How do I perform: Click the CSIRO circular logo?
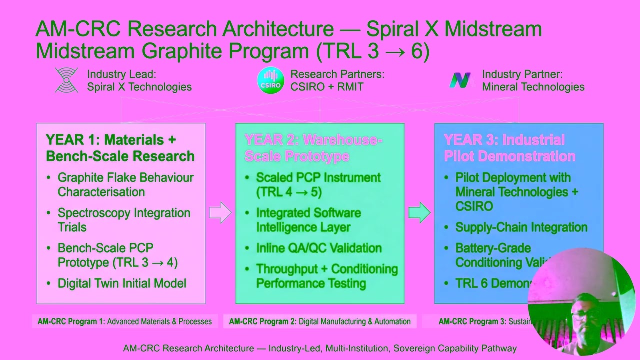pyautogui.click(x=270, y=80)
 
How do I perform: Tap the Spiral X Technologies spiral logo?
pyautogui.click(x=66, y=80)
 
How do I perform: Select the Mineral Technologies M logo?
pyautogui.click(x=460, y=80)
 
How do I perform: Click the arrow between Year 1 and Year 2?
pyautogui.click(x=220, y=212)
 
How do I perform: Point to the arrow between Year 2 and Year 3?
pyautogui.click(x=419, y=212)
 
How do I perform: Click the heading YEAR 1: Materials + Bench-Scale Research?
pyautogui.click(x=120, y=148)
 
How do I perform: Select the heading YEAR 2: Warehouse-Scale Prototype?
pyautogui.click(x=313, y=148)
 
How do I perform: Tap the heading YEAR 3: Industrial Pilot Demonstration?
pyautogui.click(x=509, y=148)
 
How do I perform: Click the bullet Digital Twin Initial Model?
pyautogui.click(x=121, y=283)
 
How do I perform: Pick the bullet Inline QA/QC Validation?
pyautogui.click(x=318, y=248)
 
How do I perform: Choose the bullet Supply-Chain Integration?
pyautogui.click(x=521, y=227)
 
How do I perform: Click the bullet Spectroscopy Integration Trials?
pyautogui.click(x=123, y=220)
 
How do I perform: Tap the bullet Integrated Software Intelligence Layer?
pyautogui.click(x=308, y=220)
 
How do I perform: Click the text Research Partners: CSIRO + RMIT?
pyautogui.click(x=337, y=80)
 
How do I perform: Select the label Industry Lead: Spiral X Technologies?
pyautogui.click(x=139, y=80)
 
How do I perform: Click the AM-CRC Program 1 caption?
pyautogui.click(x=124, y=321)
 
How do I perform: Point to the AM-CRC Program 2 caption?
pyautogui.click(x=319, y=321)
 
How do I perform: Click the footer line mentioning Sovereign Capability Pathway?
pyautogui.click(x=319, y=348)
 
